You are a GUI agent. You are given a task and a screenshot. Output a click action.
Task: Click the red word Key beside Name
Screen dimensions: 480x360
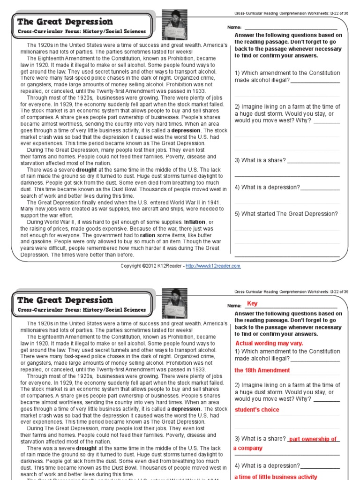(x=252, y=304)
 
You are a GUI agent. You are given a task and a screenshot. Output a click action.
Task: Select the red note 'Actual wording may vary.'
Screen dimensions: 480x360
(x=269, y=343)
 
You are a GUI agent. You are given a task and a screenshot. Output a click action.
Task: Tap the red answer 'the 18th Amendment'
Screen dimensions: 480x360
(x=262, y=370)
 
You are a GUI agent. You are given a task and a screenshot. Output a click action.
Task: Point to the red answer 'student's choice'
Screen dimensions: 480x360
(x=257, y=410)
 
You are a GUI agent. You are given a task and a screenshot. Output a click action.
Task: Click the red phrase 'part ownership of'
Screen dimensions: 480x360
(x=313, y=439)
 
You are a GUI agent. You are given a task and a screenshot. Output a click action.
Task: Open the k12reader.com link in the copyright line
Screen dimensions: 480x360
(x=213, y=266)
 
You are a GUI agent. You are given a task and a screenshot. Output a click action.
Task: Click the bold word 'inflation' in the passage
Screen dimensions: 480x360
(x=195, y=222)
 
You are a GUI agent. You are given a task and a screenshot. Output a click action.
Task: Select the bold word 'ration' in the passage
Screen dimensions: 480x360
(x=148, y=235)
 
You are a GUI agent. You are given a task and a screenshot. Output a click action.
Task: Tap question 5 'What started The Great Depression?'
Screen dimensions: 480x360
(x=286, y=214)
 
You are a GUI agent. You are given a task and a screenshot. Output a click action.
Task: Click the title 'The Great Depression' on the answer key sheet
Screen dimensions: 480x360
(x=65, y=300)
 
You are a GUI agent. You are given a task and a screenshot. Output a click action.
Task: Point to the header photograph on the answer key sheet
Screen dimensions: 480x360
(x=174, y=303)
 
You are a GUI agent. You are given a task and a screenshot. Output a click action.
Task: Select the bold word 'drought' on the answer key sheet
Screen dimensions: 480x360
(x=86, y=448)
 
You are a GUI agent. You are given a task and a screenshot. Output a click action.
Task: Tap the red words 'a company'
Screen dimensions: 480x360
(x=248, y=448)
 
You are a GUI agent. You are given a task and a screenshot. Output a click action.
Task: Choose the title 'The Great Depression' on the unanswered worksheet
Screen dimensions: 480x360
(x=65, y=22)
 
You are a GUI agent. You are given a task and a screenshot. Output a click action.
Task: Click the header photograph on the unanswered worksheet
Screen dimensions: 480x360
(x=174, y=25)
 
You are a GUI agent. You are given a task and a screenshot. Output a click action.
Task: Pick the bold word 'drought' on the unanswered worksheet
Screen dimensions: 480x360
(x=86, y=170)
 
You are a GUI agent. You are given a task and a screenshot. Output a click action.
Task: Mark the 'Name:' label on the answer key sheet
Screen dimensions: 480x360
(x=234, y=306)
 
